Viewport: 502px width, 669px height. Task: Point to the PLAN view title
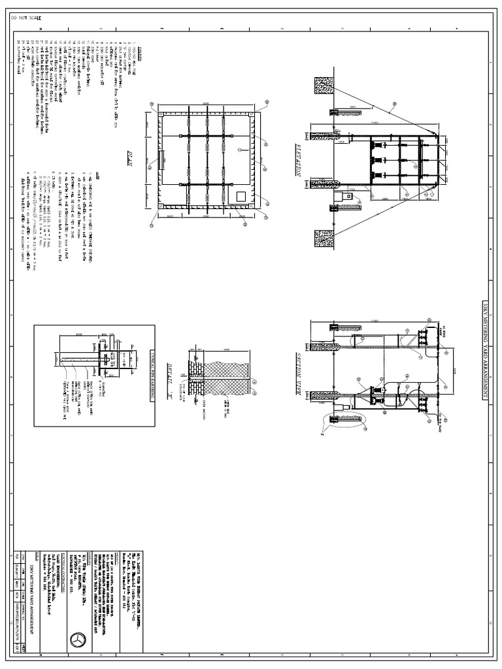coord(129,159)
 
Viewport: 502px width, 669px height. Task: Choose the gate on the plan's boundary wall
coord(161,159)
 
